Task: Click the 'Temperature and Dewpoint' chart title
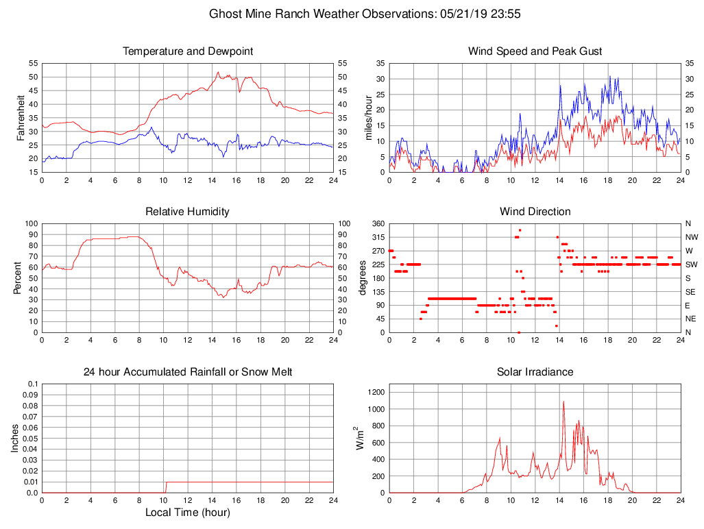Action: tap(187, 51)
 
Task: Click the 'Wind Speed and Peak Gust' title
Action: tap(535, 51)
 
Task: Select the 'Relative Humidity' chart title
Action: tap(187, 212)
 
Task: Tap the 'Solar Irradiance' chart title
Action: tap(535, 372)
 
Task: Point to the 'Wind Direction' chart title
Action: tap(535, 212)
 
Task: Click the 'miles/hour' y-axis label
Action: tap(369, 117)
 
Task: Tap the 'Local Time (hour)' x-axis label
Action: tap(187, 513)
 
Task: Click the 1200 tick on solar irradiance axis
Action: tap(374, 393)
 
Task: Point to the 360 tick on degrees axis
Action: tap(377, 223)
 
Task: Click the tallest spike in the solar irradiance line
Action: tap(563, 402)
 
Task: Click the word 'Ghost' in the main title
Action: tap(226, 14)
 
